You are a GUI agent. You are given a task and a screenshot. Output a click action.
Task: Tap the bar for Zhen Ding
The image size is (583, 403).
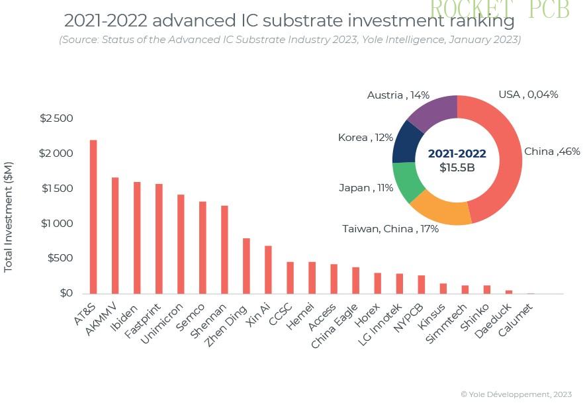coord(246,265)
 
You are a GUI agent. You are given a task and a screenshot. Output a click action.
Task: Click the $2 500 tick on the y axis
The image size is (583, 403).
coord(56,118)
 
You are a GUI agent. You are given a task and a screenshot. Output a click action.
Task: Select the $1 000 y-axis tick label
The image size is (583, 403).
coord(56,224)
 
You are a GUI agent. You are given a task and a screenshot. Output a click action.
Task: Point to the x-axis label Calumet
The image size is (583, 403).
coord(516,319)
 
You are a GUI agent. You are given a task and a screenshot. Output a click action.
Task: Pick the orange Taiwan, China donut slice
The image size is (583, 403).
coord(440,210)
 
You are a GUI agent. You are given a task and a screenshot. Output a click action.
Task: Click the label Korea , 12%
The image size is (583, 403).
coord(365,138)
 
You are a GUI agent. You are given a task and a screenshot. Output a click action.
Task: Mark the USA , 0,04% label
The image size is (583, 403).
coord(528,95)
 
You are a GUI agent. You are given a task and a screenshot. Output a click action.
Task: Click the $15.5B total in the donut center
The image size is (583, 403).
coord(457,168)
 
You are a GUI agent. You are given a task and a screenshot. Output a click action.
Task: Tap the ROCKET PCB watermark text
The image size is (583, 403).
coord(500,9)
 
